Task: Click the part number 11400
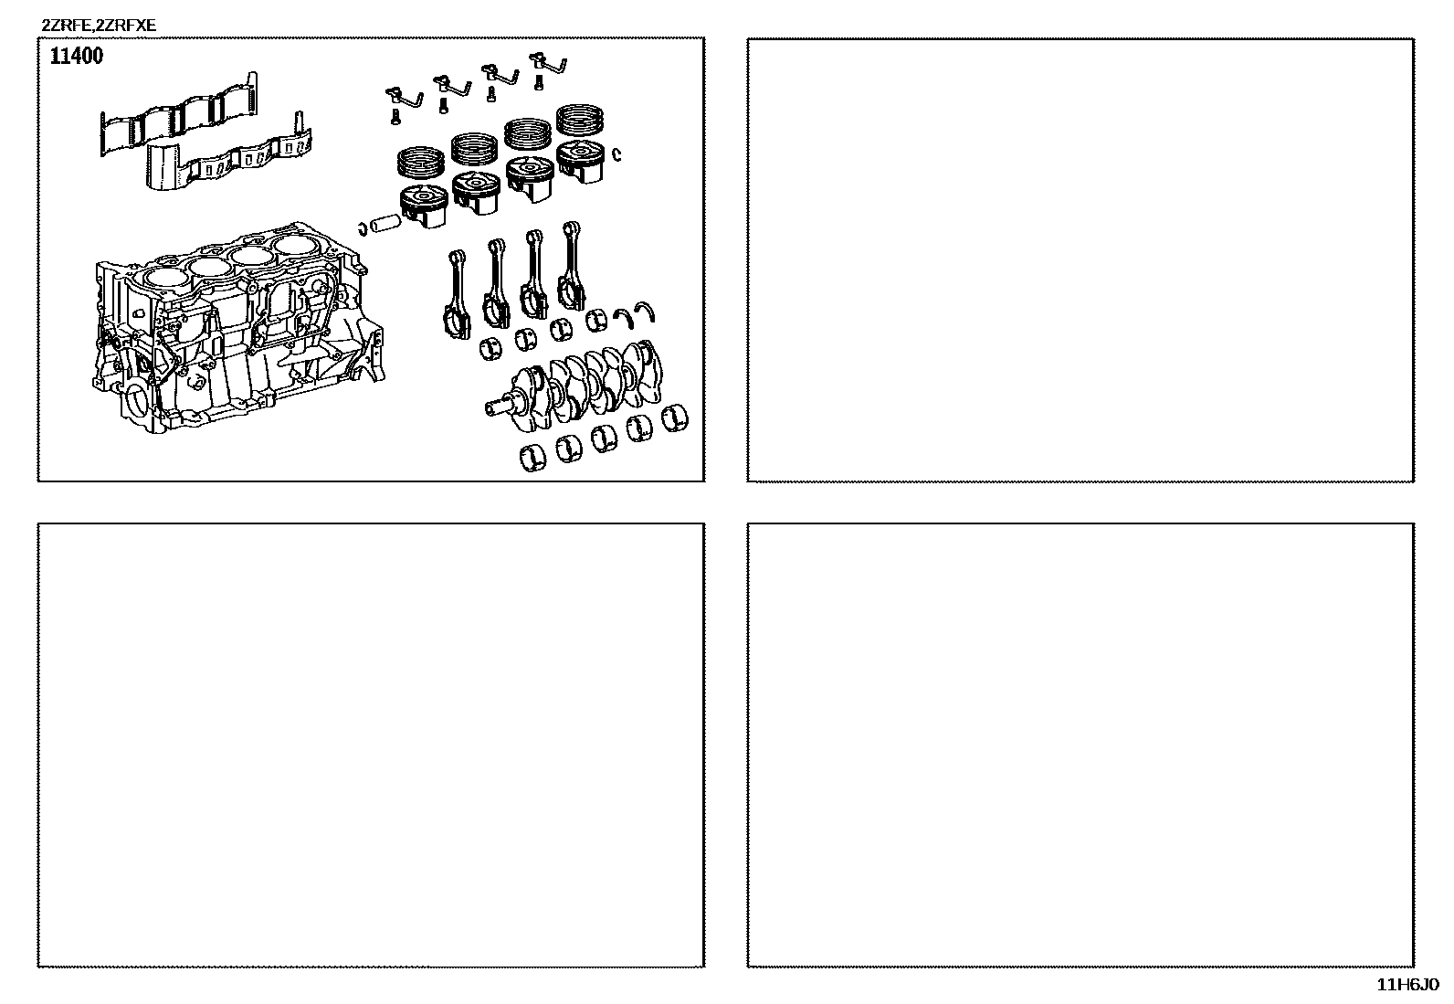77,56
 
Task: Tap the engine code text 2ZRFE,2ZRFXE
99,26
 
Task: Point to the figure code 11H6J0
1407,985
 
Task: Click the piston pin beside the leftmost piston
385,223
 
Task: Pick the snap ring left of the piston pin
363,228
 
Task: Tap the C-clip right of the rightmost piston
616,153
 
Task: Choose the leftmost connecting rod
457,294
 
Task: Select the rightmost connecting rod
571,265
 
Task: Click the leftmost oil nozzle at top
404,98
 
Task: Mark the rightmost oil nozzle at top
548,63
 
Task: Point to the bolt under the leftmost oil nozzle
395,116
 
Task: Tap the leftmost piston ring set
421,163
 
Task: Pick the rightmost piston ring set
580,121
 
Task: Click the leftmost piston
424,206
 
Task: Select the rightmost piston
581,161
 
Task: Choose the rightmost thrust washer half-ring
645,312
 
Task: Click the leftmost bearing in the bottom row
532,457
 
